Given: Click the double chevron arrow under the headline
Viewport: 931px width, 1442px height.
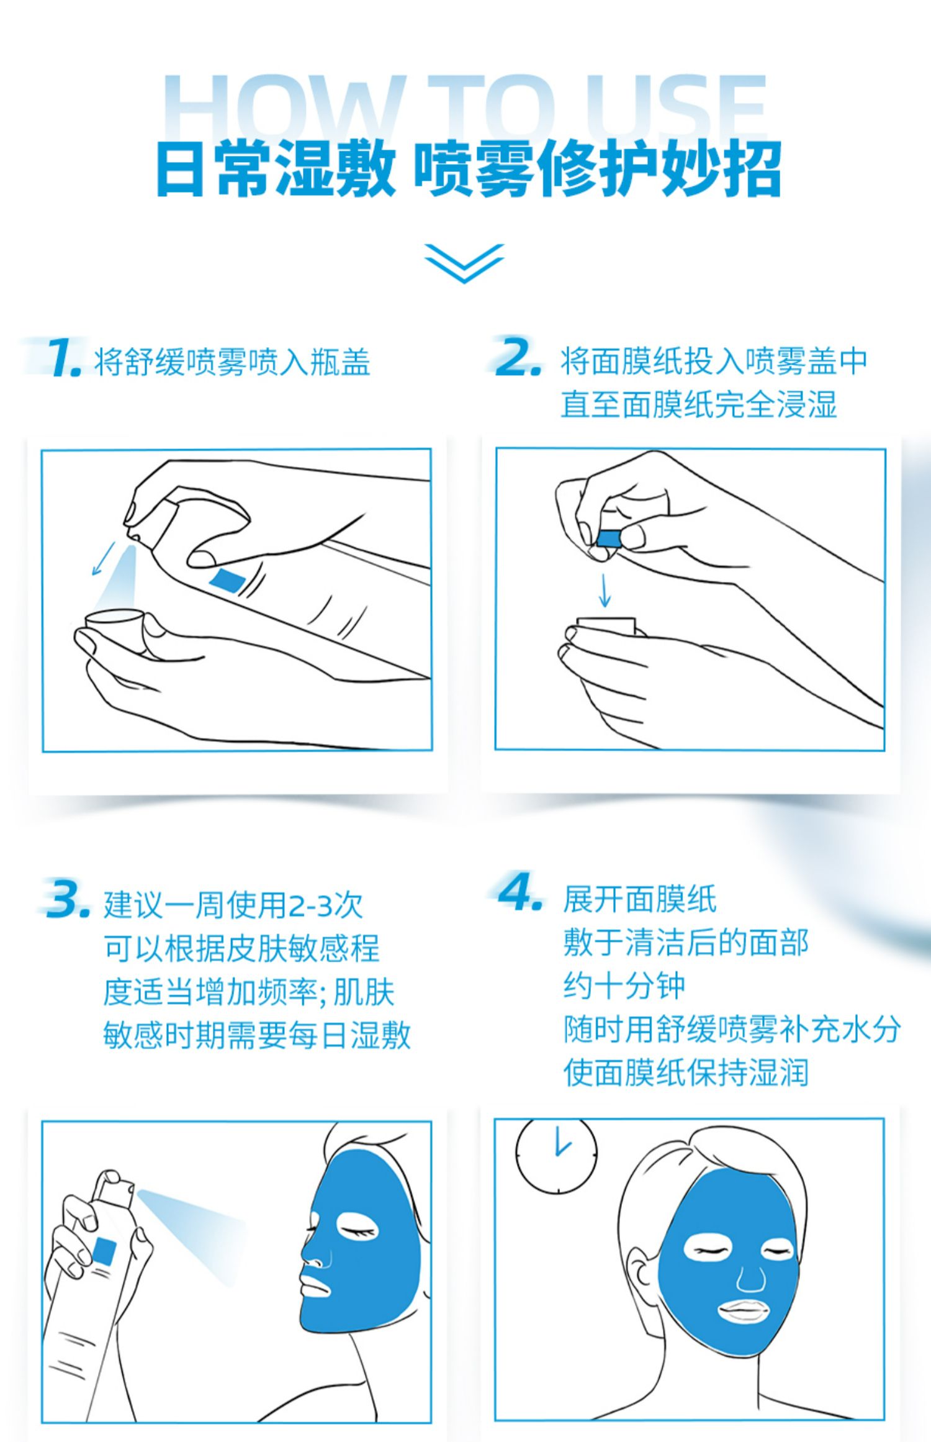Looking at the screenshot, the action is [464, 263].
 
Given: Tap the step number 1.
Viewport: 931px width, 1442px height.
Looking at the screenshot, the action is [64, 358].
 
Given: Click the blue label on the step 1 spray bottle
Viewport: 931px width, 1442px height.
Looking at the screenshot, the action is [227, 579].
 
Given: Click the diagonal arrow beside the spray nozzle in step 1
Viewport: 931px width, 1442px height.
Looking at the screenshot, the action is [104, 558].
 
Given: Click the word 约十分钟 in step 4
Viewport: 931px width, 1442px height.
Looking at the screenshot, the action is [624, 986].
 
